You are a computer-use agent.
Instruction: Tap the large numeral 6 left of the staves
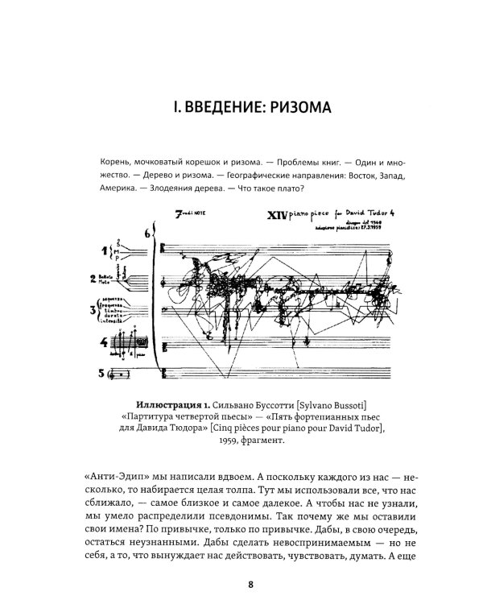[147, 234]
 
